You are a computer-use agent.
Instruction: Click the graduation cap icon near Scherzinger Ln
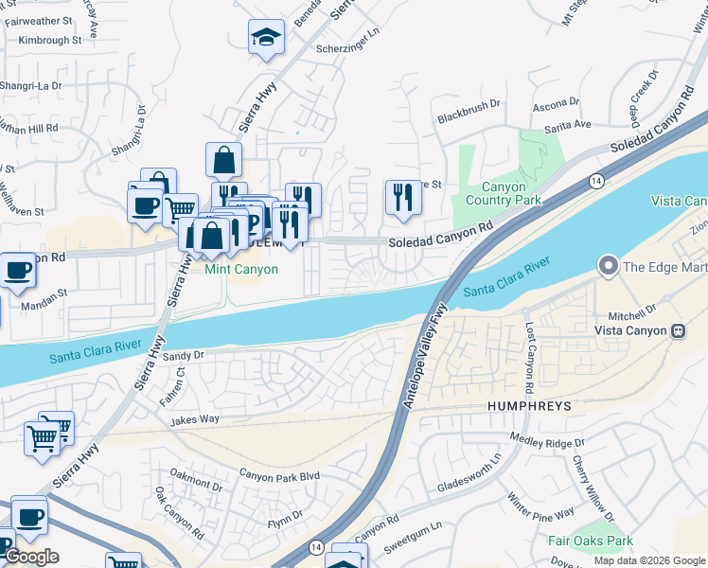(x=266, y=39)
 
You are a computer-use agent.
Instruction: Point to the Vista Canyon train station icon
(x=679, y=330)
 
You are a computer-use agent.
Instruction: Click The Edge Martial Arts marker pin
(x=608, y=266)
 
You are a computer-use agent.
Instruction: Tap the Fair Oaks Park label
(x=590, y=541)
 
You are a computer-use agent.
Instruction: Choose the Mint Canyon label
(x=242, y=270)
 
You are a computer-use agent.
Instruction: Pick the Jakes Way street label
(x=195, y=418)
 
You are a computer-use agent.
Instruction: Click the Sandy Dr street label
(x=183, y=356)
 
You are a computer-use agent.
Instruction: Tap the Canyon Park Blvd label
(x=279, y=475)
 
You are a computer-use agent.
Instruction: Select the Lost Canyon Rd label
(x=529, y=359)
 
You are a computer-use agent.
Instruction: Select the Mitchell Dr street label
(x=631, y=311)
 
